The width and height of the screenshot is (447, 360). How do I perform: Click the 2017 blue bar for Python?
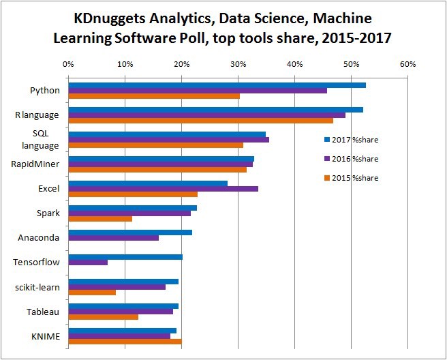click(217, 85)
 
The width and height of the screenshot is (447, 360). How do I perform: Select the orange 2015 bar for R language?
click(200, 121)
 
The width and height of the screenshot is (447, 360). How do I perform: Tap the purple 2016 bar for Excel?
click(164, 188)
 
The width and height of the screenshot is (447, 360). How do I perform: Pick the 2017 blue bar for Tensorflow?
click(125, 257)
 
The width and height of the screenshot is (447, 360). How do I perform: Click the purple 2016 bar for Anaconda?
click(114, 238)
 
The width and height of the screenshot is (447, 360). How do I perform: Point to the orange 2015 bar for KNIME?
click(125, 342)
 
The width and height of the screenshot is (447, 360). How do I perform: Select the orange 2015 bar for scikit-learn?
click(92, 292)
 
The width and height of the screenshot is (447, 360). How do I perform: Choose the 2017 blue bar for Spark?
click(132, 208)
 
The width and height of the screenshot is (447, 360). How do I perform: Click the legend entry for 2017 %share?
click(350, 140)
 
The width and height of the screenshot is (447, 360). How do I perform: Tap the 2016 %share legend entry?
click(350, 159)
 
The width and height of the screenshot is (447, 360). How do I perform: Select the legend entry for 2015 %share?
click(350, 178)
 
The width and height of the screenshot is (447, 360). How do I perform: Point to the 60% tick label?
click(407, 64)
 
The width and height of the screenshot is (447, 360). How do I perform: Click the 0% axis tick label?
click(68, 64)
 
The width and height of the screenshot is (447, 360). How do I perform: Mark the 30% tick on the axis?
click(238, 64)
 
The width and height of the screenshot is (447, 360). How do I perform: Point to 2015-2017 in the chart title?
click(351, 38)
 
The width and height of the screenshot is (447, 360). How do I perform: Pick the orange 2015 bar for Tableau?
click(103, 317)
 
